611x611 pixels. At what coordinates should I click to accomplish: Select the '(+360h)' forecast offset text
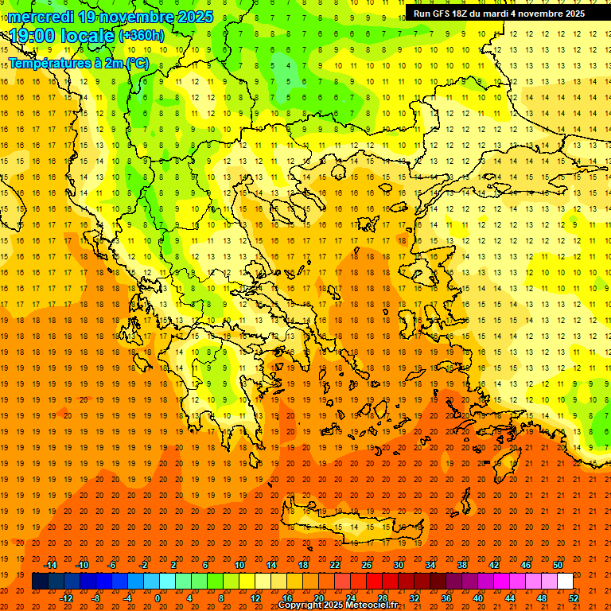point(142,35)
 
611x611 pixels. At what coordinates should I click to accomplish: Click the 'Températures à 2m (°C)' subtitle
point(77,63)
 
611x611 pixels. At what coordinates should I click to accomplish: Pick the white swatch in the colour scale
point(565,582)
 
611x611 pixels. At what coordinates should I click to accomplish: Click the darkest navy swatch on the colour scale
point(40,582)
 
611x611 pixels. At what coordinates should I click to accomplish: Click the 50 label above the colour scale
point(557,565)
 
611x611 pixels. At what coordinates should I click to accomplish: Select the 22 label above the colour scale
point(335,565)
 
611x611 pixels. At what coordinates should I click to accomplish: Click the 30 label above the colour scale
point(399,565)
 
